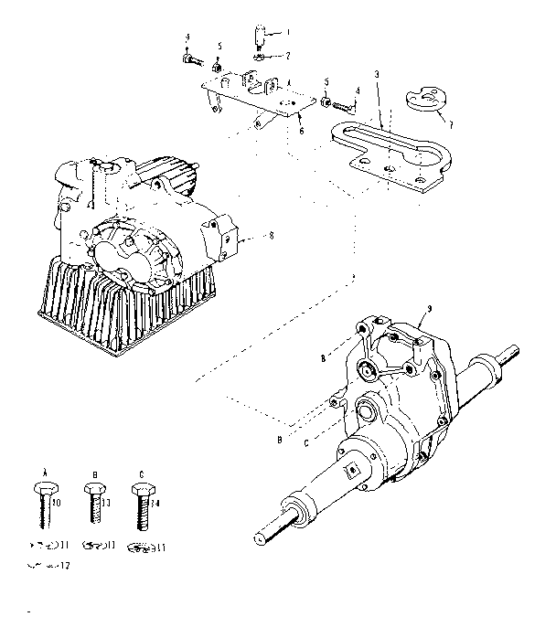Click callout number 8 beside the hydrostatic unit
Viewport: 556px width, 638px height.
[271, 236]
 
